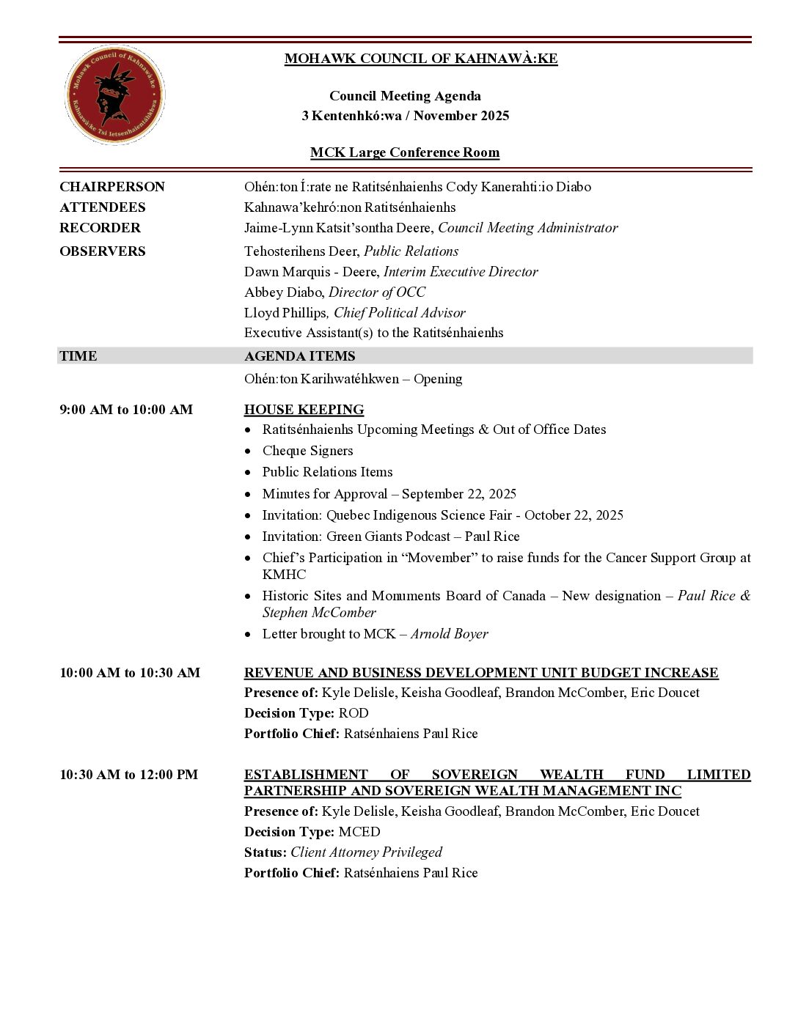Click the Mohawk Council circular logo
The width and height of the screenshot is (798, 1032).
[x=114, y=95]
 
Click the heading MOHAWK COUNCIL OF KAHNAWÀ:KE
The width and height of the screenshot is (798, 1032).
[x=421, y=59]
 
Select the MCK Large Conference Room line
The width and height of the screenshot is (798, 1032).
[x=405, y=152]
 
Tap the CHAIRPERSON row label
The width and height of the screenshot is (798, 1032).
[x=112, y=187]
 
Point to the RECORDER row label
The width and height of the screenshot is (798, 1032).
[x=100, y=228]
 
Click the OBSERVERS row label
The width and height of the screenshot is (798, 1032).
[x=103, y=251]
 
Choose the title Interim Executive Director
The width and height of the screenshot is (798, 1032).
[x=461, y=272]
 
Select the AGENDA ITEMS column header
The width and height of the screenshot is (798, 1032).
[x=299, y=356]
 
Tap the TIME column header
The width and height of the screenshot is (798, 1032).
[x=78, y=356]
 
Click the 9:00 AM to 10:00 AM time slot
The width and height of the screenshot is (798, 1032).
[x=126, y=410]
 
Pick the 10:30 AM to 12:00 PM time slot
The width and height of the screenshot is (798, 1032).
[x=129, y=775]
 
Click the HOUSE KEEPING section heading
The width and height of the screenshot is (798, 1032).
[x=304, y=410]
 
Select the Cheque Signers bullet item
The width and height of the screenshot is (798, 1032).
[x=307, y=451]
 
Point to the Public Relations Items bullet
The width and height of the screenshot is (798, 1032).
[x=327, y=472]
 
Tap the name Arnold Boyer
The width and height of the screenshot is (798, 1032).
[x=449, y=634]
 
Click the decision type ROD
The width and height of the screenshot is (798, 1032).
[x=354, y=713]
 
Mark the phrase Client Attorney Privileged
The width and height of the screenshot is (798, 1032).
[x=366, y=852]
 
